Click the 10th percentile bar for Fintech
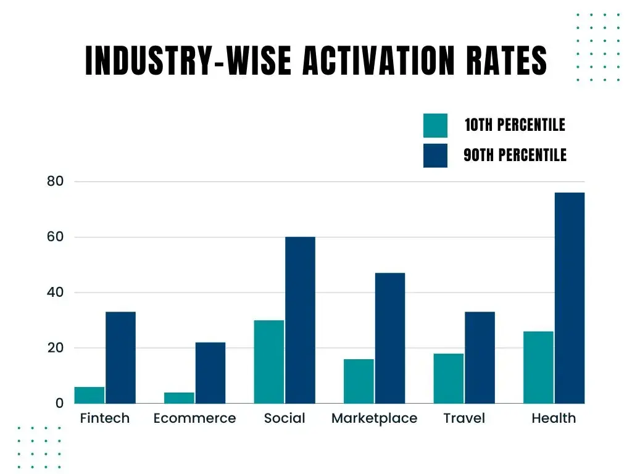point(89,395)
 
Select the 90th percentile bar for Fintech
point(120,357)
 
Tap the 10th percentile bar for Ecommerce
point(180,397)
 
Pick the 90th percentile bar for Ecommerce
point(210,373)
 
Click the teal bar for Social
point(269,362)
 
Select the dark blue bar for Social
point(300,320)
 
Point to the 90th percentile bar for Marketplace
point(390,338)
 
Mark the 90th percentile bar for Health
point(570,298)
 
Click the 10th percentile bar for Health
point(539,367)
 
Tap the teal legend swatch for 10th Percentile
point(435,125)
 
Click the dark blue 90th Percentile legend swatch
point(435,155)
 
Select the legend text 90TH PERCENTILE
point(515,155)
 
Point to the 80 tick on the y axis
point(55,181)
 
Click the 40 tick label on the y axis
point(55,293)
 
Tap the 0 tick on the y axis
point(59,403)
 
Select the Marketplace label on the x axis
point(374,418)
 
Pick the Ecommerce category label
point(194,418)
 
